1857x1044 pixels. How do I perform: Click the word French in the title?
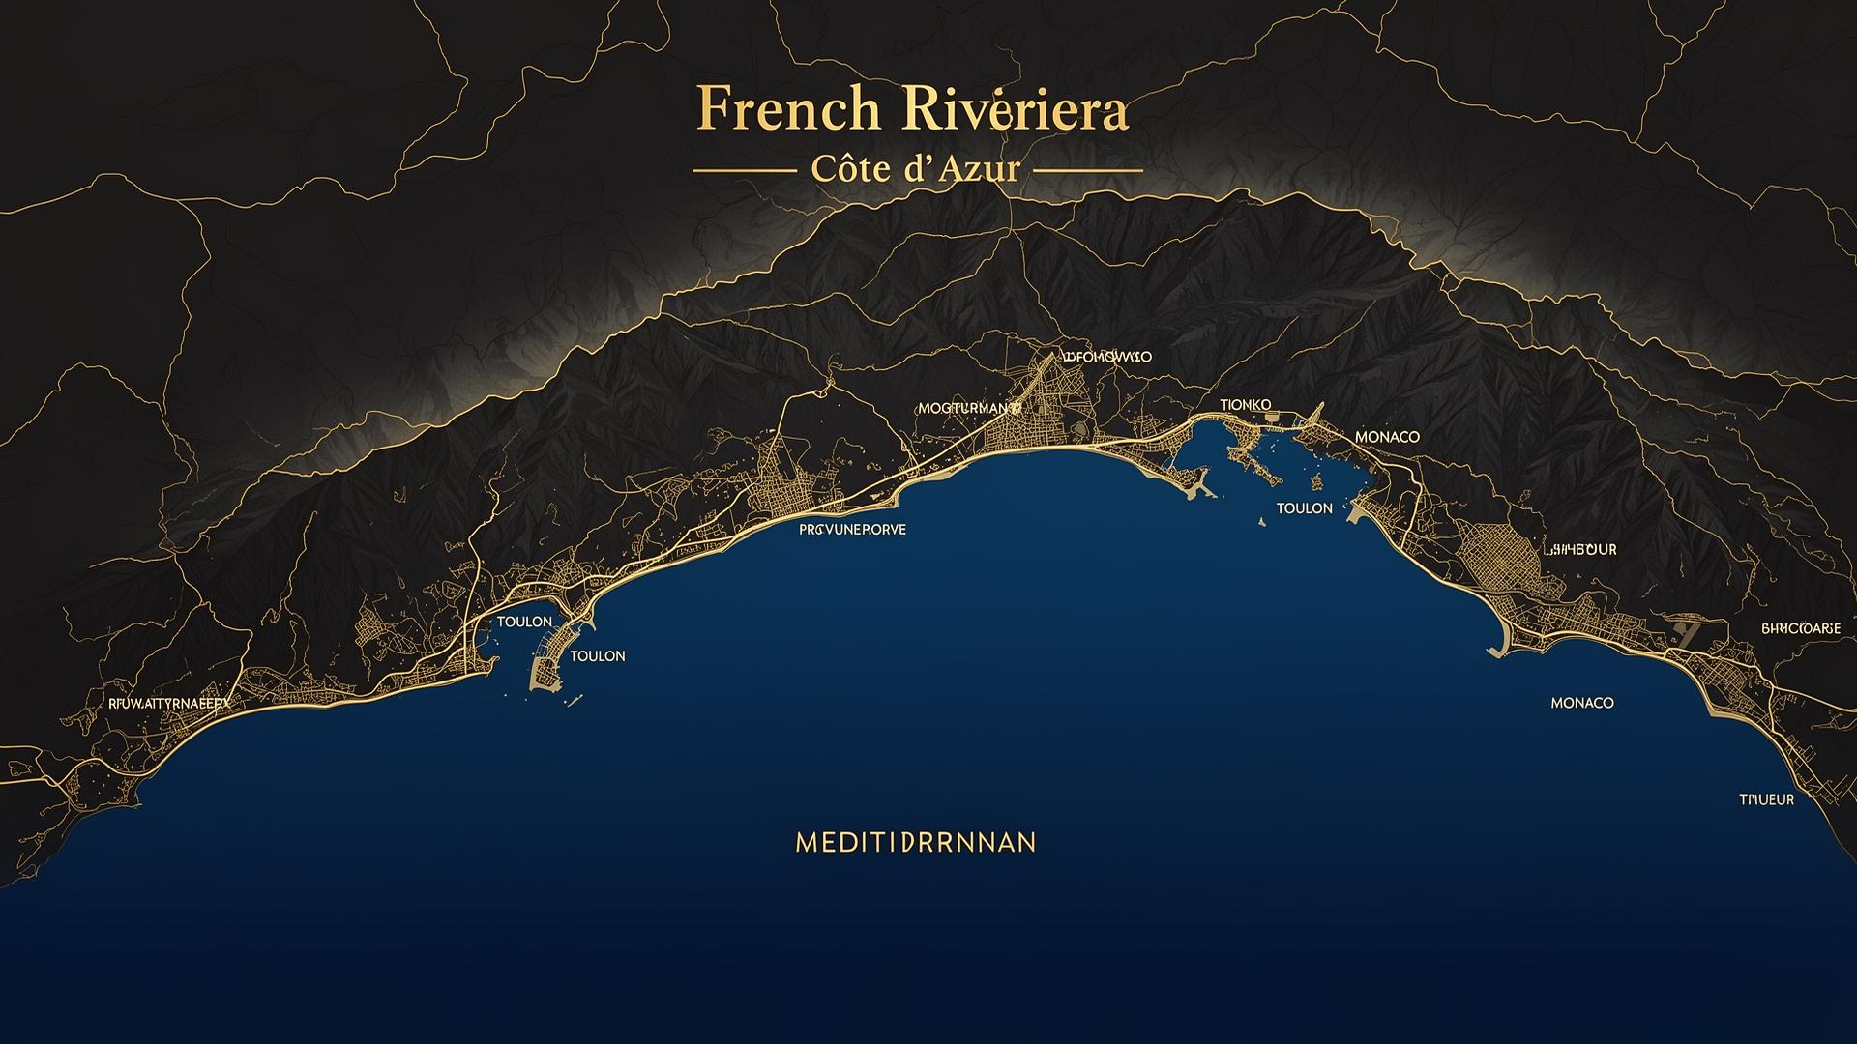click(x=787, y=110)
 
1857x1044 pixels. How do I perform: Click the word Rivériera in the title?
click(x=1014, y=110)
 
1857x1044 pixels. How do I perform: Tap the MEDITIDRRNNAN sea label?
click(x=915, y=842)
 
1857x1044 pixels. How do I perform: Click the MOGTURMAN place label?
click(x=968, y=409)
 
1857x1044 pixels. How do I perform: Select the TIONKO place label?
click(x=1246, y=404)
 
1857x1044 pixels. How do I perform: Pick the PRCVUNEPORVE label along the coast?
click(x=852, y=530)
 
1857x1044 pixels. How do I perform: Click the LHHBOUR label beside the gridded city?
click(x=1581, y=549)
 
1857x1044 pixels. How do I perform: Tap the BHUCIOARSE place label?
click(x=1801, y=628)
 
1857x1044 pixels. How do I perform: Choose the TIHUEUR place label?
click(x=1766, y=799)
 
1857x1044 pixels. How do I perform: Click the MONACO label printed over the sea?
click(x=1581, y=703)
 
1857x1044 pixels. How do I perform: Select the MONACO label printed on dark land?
click(x=1387, y=437)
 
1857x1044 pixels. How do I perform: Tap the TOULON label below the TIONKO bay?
click(x=1304, y=508)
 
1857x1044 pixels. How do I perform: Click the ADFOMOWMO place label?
click(x=1106, y=357)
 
